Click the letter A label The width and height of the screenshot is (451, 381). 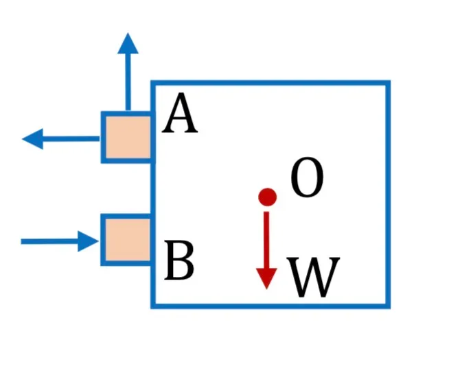pos(180,114)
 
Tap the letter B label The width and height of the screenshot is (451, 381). pos(179,260)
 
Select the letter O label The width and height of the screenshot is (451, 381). pos(307,177)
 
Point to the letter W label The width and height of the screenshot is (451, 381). pos(313,278)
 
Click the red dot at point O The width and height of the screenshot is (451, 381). pos(268,197)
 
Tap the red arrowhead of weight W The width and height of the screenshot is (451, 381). pos(266,278)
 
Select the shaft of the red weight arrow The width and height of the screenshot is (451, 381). pos(266,240)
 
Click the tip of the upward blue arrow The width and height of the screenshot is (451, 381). pos(128,33)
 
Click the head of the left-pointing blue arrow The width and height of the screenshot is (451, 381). pos(32,138)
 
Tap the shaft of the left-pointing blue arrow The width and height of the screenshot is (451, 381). pos(71,138)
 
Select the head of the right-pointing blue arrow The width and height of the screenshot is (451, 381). pos(89,241)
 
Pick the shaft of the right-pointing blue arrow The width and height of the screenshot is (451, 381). pos(49,241)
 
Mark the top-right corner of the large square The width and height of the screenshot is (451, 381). pos(388,83)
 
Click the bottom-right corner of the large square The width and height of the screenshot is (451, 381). pos(388,306)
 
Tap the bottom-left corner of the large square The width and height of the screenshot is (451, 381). pos(153,306)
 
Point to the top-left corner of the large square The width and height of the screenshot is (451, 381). pos(153,83)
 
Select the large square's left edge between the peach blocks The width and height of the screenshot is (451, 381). pos(153,188)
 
